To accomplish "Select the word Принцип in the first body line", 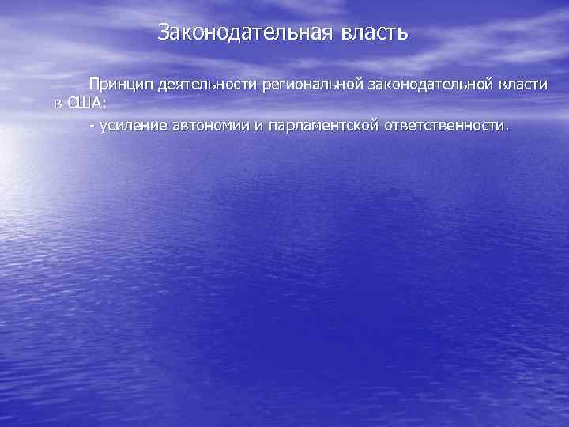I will [x=121, y=85].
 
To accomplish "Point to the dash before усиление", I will [x=92, y=127].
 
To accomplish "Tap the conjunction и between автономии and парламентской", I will [x=259, y=127].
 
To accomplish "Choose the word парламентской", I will [x=325, y=127].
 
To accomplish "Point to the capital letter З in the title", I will [x=164, y=32].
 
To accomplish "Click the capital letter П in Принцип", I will [x=95, y=85].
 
